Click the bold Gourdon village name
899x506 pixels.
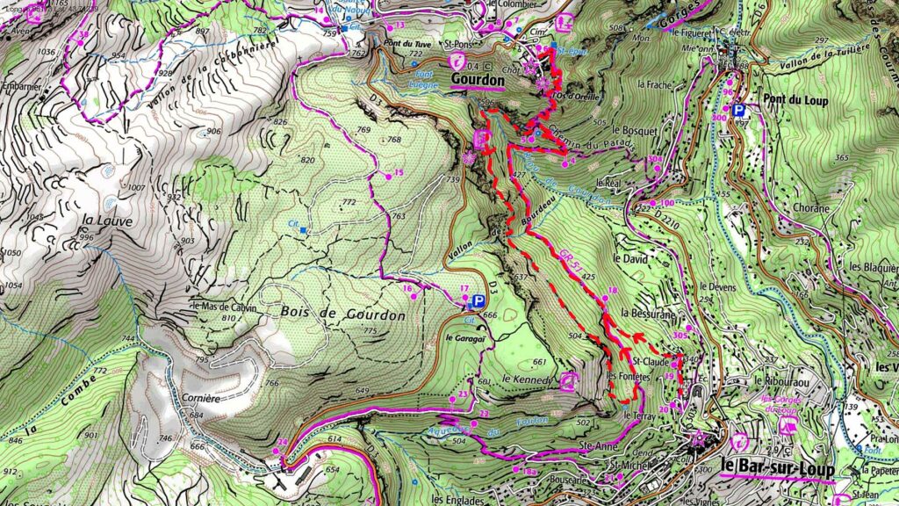478,80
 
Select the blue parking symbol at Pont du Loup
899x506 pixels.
739,111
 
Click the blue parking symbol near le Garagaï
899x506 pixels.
478,301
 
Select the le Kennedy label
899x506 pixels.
526,379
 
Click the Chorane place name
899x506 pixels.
808,209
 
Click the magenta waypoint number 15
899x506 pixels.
399,173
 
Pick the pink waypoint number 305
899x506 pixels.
680,335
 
